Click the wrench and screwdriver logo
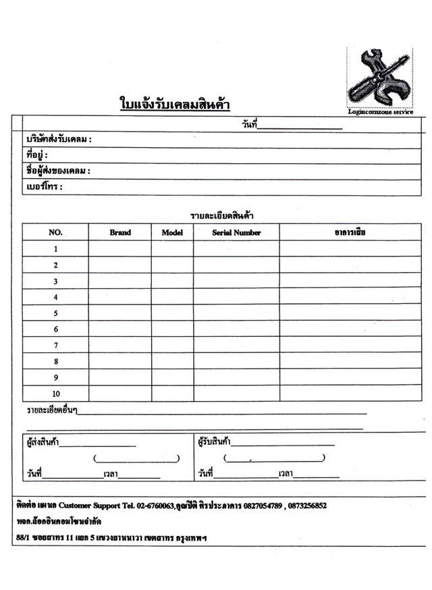coord(379,78)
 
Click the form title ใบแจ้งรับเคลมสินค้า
coord(175,105)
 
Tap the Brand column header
coord(120,232)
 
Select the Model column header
coord(172,232)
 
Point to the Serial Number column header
coord(236,232)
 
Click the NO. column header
coord(55,232)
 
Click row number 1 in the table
coord(55,249)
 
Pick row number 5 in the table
coord(55,313)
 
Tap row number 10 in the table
coord(55,394)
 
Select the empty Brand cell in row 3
coord(120,281)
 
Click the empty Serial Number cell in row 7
coord(236,345)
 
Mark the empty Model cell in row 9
coord(172,377)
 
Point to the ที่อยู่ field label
coord(36,155)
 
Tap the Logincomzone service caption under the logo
coord(380,112)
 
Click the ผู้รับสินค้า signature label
coord(214,443)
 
